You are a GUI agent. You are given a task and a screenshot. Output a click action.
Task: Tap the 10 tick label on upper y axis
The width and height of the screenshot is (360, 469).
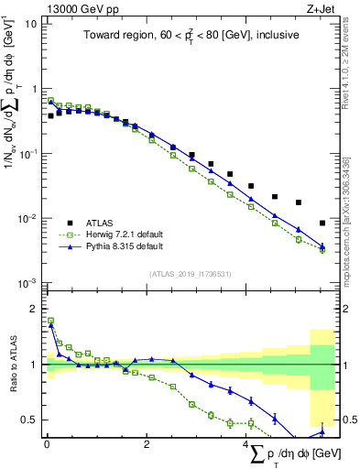point(30,24)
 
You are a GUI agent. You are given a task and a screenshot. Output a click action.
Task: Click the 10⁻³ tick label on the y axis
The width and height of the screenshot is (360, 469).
point(27,283)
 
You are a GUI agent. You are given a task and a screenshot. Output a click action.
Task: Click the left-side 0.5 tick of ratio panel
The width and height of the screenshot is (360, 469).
point(29,420)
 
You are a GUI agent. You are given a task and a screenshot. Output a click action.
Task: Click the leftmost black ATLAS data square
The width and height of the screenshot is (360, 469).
point(50,116)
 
